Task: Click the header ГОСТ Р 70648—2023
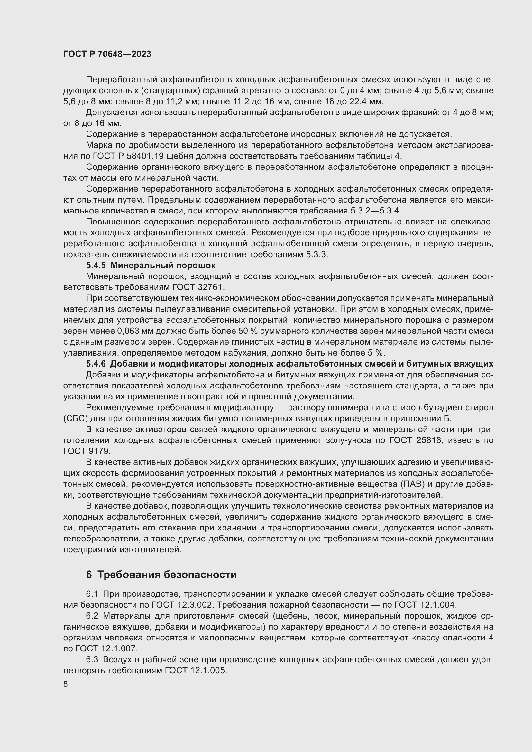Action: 107,54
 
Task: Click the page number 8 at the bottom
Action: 66,684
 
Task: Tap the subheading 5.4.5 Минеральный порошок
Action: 151,265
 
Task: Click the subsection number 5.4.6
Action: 96,364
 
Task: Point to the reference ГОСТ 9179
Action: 86,451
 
